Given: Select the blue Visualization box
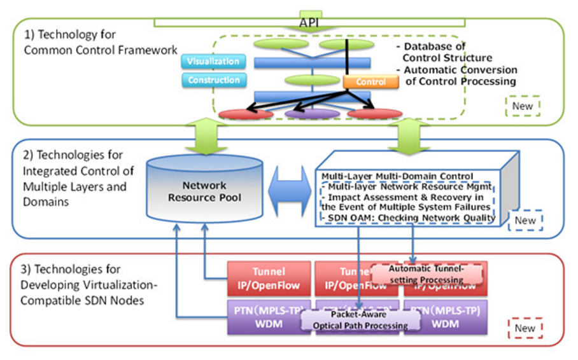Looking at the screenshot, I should tap(213, 62).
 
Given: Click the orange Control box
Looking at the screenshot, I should tap(370, 82).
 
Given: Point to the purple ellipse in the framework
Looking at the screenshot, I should tap(312, 114).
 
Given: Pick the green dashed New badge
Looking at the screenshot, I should tap(522, 106).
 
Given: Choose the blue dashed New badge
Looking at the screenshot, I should tap(525, 220).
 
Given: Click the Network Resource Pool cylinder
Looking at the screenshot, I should tap(205, 191).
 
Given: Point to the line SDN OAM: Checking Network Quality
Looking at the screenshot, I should tap(408, 218).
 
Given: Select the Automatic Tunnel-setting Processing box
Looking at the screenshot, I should tap(426, 274).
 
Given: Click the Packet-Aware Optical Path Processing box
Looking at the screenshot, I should tap(360, 320).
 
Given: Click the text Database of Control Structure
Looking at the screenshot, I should tap(434, 52).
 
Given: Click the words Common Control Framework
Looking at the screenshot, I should tap(101, 50).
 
